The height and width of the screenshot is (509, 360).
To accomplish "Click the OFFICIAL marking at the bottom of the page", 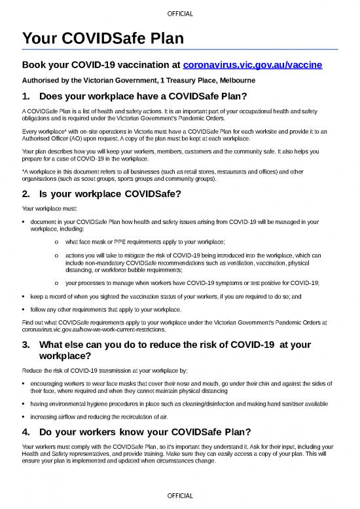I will click(180, 497).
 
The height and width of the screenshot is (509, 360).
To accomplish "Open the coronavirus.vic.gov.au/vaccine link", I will click(252, 66).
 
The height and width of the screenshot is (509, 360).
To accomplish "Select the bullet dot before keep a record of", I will click(24, 297).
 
